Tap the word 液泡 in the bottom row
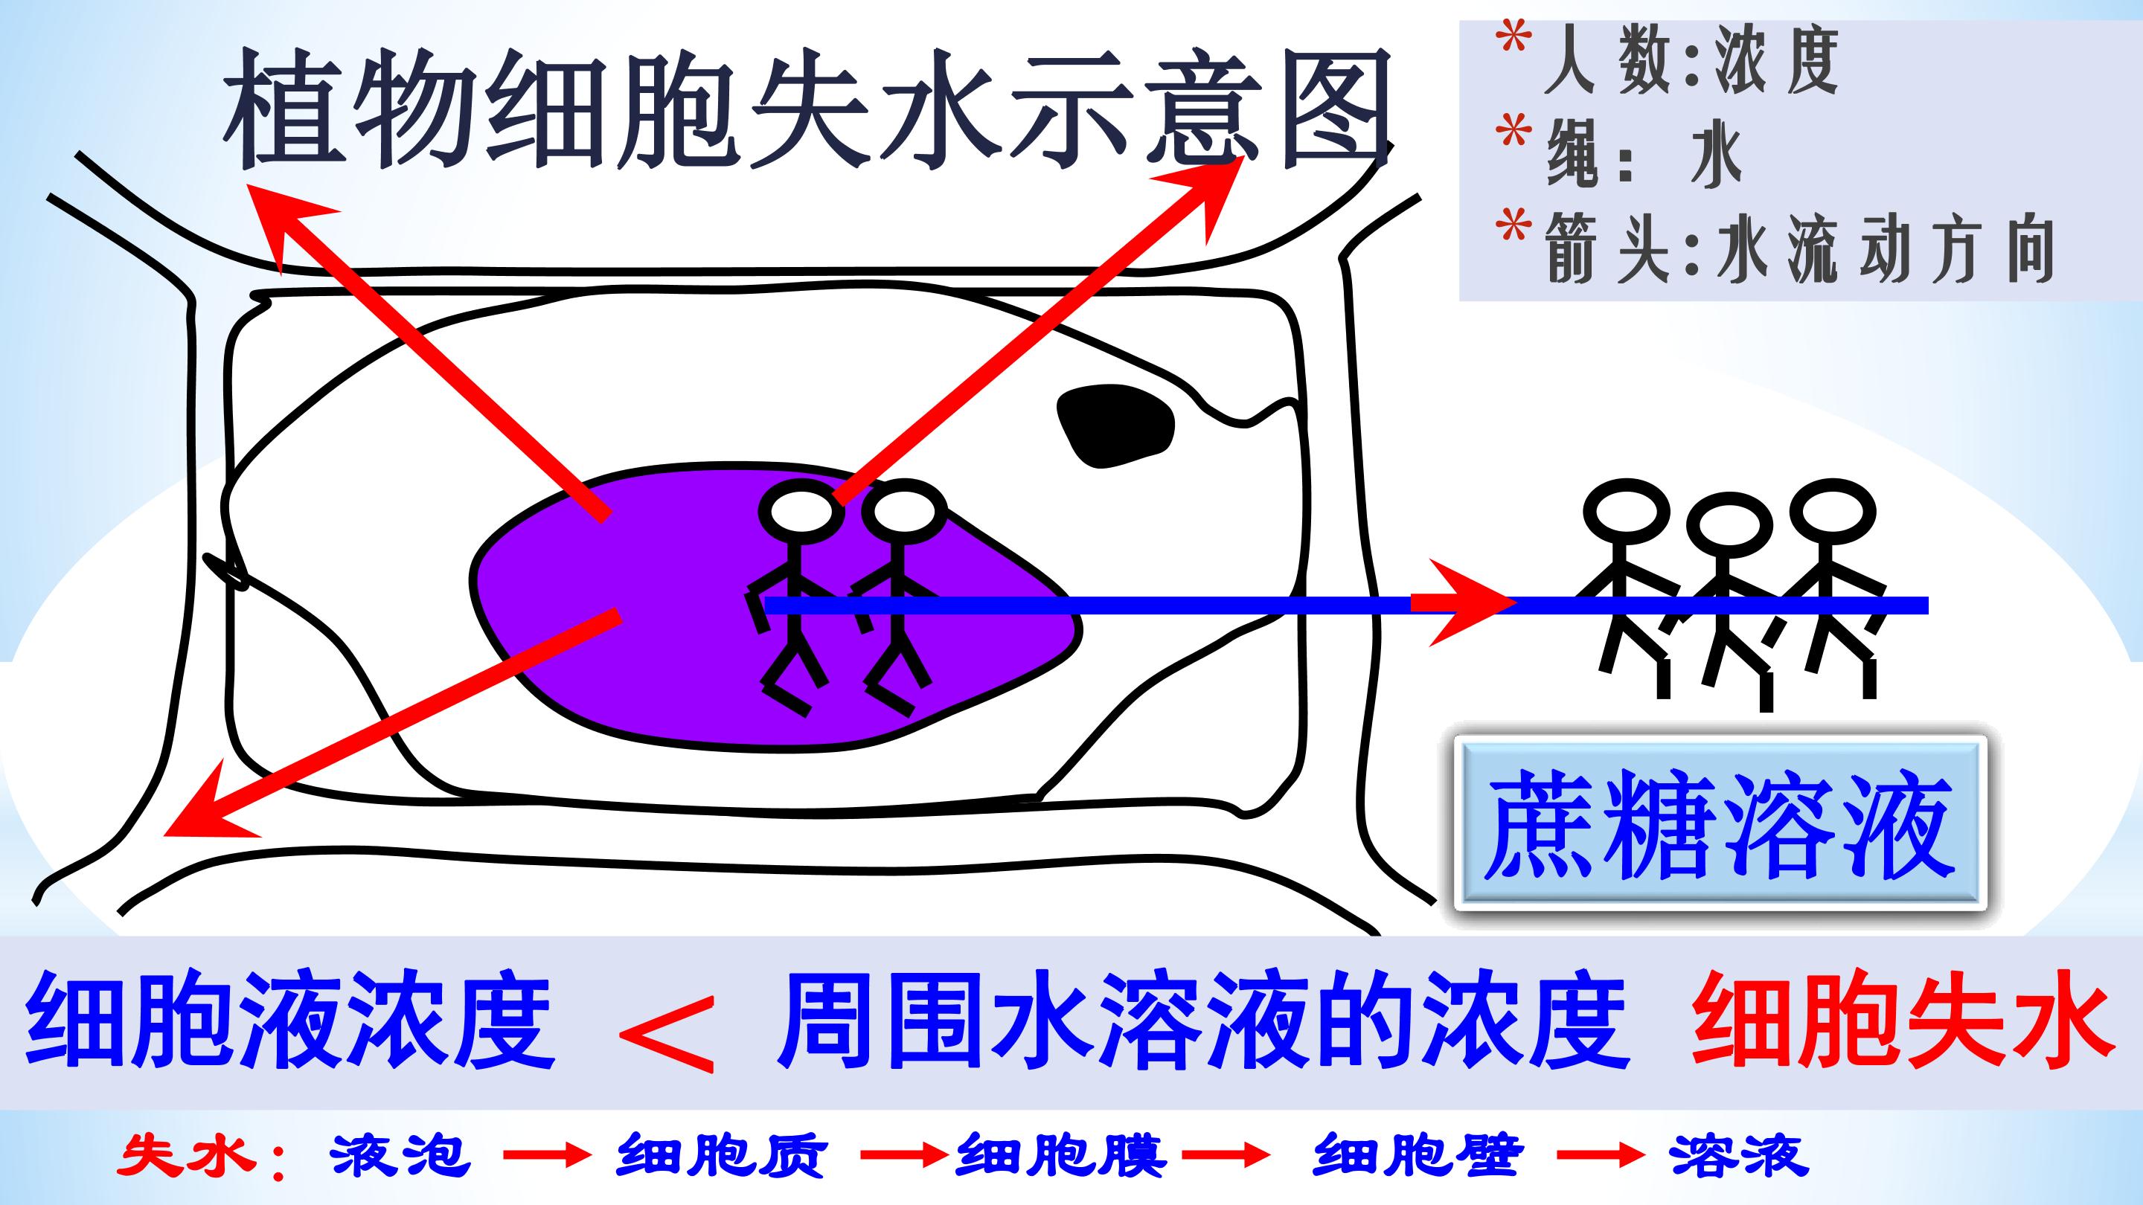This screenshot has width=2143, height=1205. [400, 1155]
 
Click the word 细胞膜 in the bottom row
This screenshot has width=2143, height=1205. [1060, 1155]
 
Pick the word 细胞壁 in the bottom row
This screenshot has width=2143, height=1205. [1418, 1155]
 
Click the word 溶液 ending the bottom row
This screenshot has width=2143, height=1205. [1738, 1155]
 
